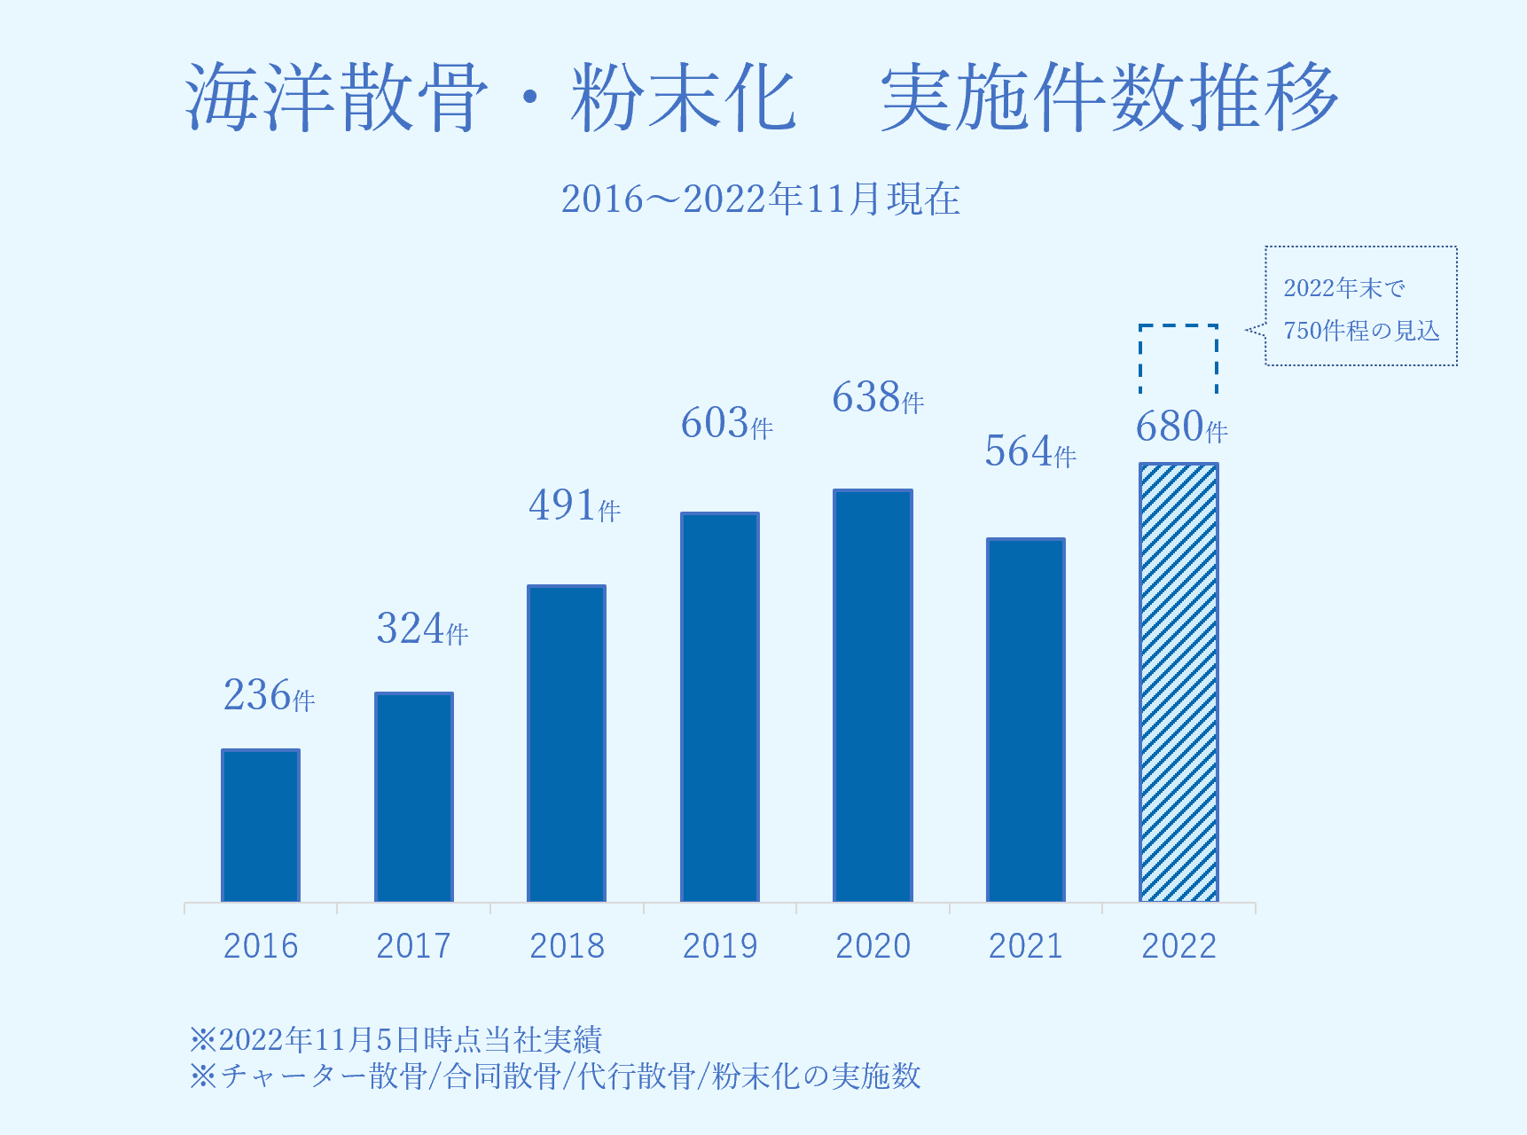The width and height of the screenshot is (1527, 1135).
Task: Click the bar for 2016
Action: coord(261,826)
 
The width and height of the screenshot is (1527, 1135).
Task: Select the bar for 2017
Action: coord(414,797)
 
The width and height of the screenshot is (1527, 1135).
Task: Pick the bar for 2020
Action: coord(873,695)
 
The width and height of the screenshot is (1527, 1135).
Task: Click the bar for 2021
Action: coord(1026,720)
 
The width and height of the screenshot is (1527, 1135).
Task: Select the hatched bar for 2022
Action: coord(1179,683)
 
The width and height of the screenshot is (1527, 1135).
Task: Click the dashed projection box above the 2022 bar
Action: coord(1179,358)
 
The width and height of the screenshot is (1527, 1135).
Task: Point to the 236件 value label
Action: coord(269,695)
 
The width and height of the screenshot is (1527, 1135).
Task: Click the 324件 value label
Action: coord(422,629)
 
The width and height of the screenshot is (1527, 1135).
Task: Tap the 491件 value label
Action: coord(575,505)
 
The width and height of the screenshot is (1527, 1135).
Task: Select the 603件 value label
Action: coord(727,424)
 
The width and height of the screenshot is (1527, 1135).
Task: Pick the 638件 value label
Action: coord(878,398)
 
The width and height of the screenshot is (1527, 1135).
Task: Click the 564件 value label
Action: coord(1030,452)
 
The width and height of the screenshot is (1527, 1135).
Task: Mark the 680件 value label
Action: coord(1182,427)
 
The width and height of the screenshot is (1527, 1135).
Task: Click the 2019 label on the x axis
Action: coord(720,946)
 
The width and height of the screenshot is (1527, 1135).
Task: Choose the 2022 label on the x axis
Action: coord(1179,946)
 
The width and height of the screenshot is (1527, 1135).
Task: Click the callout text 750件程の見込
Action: coord(1361,331)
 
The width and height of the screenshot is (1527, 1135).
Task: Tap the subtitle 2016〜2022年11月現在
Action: coord(761,199)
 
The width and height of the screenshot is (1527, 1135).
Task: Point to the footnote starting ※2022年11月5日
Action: coord(396,1039)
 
